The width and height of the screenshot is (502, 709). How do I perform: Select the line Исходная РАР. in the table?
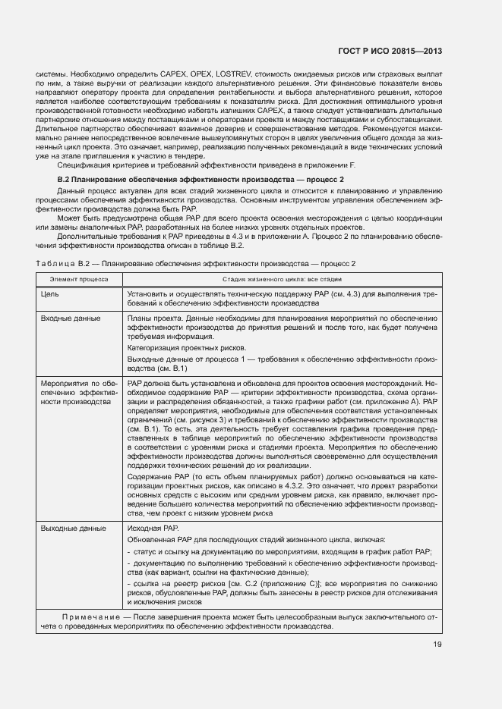(153, 528)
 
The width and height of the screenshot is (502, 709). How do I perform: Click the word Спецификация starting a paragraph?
(84, 165)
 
